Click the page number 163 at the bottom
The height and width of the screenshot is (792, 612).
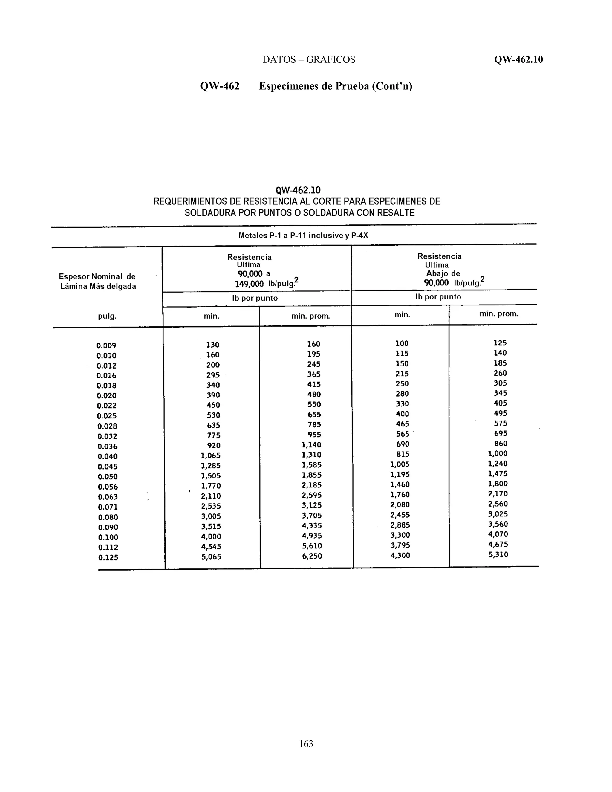[x=306, y=744]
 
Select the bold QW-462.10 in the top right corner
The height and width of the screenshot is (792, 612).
[x=518, y=59]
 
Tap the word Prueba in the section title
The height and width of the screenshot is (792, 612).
[x=352, y=86]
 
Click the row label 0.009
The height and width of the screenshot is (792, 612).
[x=106, y=345]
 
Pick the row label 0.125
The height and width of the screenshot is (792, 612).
[x=108, y=558]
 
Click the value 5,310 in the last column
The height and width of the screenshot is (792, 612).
[x=498, y=554]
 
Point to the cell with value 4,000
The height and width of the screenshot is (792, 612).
[x=211, y=536]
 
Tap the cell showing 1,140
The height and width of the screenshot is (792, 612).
[x=311, y=445]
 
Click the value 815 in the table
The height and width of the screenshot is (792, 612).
[x=403, y=454]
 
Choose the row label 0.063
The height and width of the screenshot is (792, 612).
[x=108, y=497]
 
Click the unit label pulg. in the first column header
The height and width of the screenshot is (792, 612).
[x=107, y=316]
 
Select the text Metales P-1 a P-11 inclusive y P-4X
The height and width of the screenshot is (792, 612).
[x=303, y=235]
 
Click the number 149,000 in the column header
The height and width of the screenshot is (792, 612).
[x=249, y=284]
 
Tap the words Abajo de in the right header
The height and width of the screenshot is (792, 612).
[x=443, y=273]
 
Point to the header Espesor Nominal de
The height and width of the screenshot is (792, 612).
[x=97, y=277]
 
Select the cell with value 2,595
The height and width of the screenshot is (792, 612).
[x=311, y=495]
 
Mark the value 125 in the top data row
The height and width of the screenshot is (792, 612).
[x=500, y=343]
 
